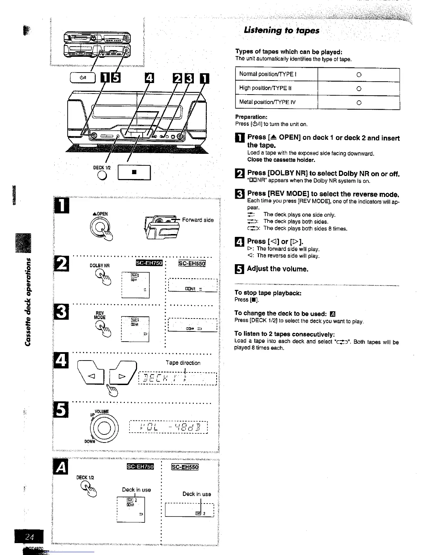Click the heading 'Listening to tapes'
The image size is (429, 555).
pos(281,30)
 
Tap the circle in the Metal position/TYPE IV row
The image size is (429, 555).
pos(359,103)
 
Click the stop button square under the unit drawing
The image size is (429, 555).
pos(134,172)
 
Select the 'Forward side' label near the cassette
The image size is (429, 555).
pos(198,220)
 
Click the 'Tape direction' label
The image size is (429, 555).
pos(183,363)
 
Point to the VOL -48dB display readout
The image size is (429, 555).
pos(169,427)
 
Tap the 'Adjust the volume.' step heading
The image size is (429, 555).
pos(277,269)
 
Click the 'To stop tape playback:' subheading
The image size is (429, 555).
pos(268,293)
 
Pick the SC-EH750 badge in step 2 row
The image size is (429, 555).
pos(149,263)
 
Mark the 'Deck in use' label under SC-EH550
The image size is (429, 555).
pos(197,494)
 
